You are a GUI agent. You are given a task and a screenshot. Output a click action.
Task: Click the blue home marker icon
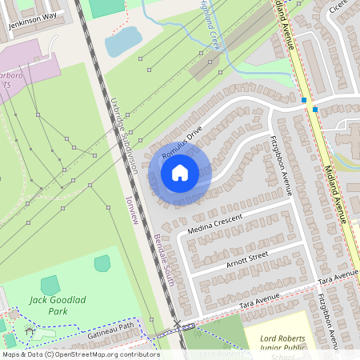point(180,172)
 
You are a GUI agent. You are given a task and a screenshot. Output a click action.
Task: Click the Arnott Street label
point(246,257)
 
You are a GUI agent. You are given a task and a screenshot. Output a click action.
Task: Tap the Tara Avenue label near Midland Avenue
point(338,278)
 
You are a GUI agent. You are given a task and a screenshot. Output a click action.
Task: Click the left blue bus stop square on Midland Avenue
point(305,100)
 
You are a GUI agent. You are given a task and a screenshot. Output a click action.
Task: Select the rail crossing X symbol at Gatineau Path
point(177,325)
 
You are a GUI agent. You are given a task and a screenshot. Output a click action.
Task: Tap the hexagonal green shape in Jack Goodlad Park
point(102,262)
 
